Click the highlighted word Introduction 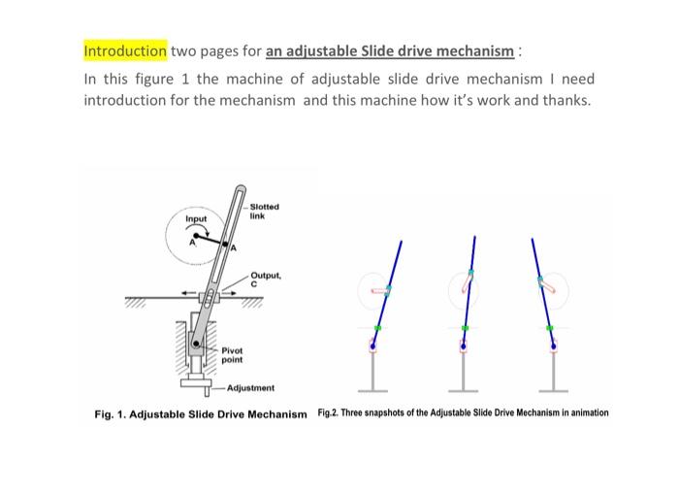point(125,50)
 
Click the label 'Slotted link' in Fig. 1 point(264,211)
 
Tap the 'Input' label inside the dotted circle point(197,219)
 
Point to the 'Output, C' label point(265,279)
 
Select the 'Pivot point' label point(233,354)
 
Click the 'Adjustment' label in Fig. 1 point(250,387)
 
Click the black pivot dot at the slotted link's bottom point(196,343)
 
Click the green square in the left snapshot point(377,329)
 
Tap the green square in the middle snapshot point(465,329)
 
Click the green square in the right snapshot point(551,329)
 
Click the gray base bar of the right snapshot point(554,390)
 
